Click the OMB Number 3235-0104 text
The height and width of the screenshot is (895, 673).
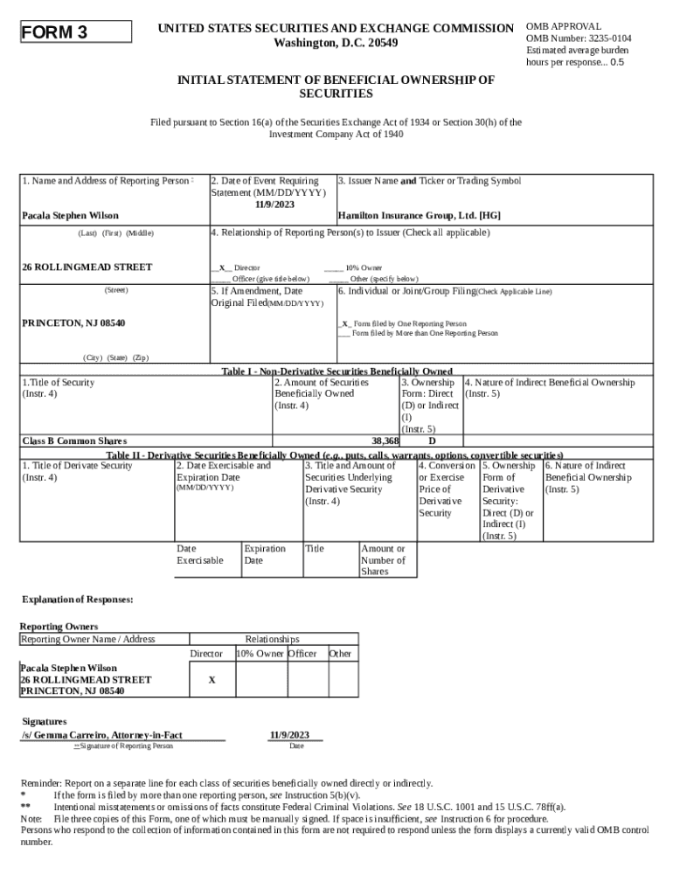[579, 39]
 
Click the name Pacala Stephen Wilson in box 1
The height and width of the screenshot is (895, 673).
[70, 215]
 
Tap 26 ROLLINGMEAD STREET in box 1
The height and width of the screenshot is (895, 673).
[87, 267]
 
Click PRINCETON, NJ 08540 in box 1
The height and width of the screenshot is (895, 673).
[73, 323]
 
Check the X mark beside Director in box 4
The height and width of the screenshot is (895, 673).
[222, 267]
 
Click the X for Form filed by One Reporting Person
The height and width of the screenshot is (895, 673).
[344, 323]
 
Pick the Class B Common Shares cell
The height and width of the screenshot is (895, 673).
[74, 441]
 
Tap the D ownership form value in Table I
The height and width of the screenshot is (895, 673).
[431, 441]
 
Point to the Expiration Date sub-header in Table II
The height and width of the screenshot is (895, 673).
[264, 555]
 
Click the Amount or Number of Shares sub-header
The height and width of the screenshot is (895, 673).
[383, 560]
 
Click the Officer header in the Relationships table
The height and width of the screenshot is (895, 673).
[305, 654]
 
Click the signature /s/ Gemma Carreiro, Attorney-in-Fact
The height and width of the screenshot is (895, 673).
[101, 735]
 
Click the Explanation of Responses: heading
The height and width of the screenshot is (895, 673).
[78, 600]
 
